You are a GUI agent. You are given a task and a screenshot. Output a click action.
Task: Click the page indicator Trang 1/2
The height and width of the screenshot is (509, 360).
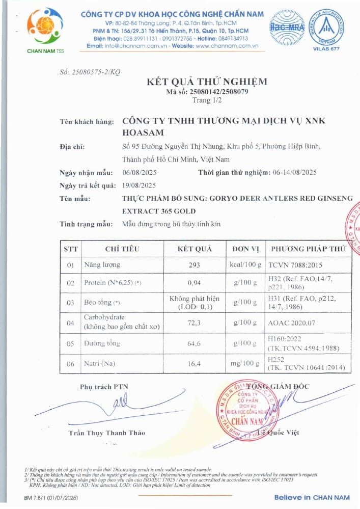coord(207,100)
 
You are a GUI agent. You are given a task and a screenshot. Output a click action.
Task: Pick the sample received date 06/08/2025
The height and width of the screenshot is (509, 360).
coord(139,172)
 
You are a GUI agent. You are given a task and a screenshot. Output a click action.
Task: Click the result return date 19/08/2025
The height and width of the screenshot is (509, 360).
coord(139,185)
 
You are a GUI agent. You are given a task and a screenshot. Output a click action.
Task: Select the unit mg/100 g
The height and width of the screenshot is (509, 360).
coord(246,364)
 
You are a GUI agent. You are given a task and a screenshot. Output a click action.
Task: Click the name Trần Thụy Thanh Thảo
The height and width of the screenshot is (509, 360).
coord(107,433)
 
